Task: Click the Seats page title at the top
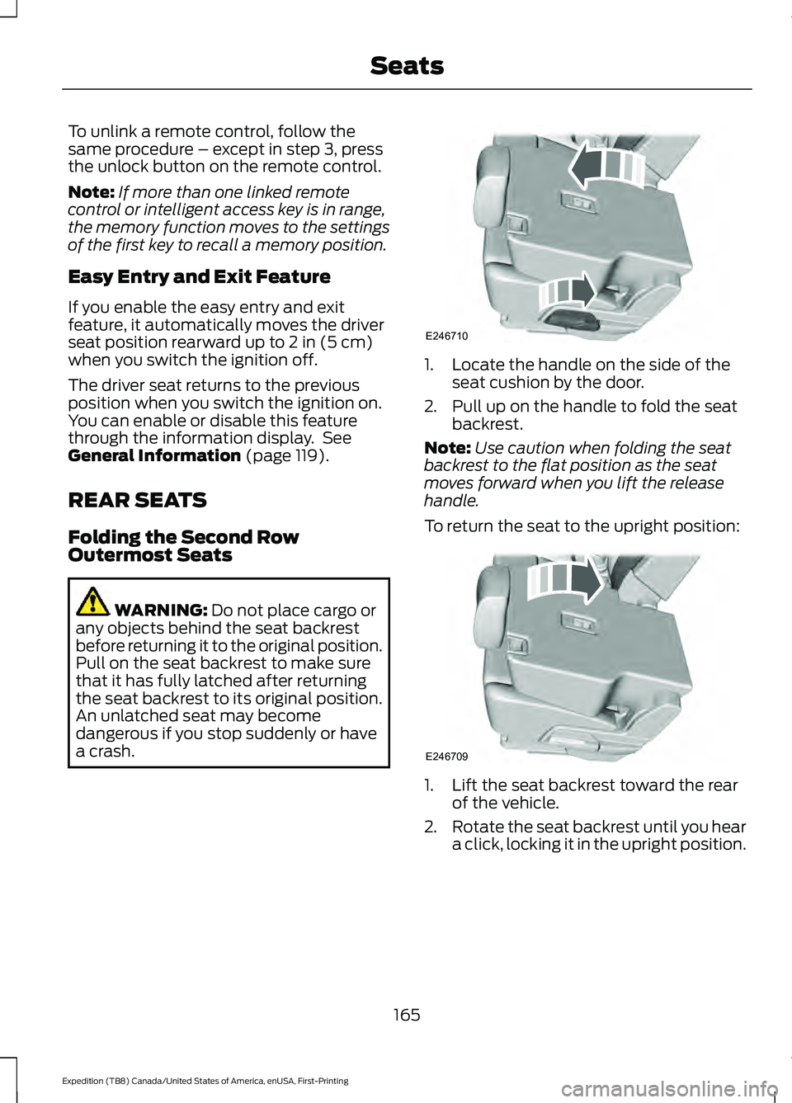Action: (407, 66)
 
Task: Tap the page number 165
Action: (407, 1015)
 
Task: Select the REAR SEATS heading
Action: (137, 501)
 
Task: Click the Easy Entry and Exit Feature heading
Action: (199, 277)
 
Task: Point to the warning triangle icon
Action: (92, 602)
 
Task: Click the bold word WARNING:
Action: (161, 610)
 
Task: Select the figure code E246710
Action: (446, 337)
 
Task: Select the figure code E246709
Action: (446, 757)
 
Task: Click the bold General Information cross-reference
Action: (154, 456)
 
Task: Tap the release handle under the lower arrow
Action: (569, 318)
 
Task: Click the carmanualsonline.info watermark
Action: (668, 1089)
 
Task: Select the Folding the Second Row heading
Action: (183, 538)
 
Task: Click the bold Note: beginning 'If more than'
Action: (91, 192)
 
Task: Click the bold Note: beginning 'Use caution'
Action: (447, 448)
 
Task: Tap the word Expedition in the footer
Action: (81, 1081)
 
